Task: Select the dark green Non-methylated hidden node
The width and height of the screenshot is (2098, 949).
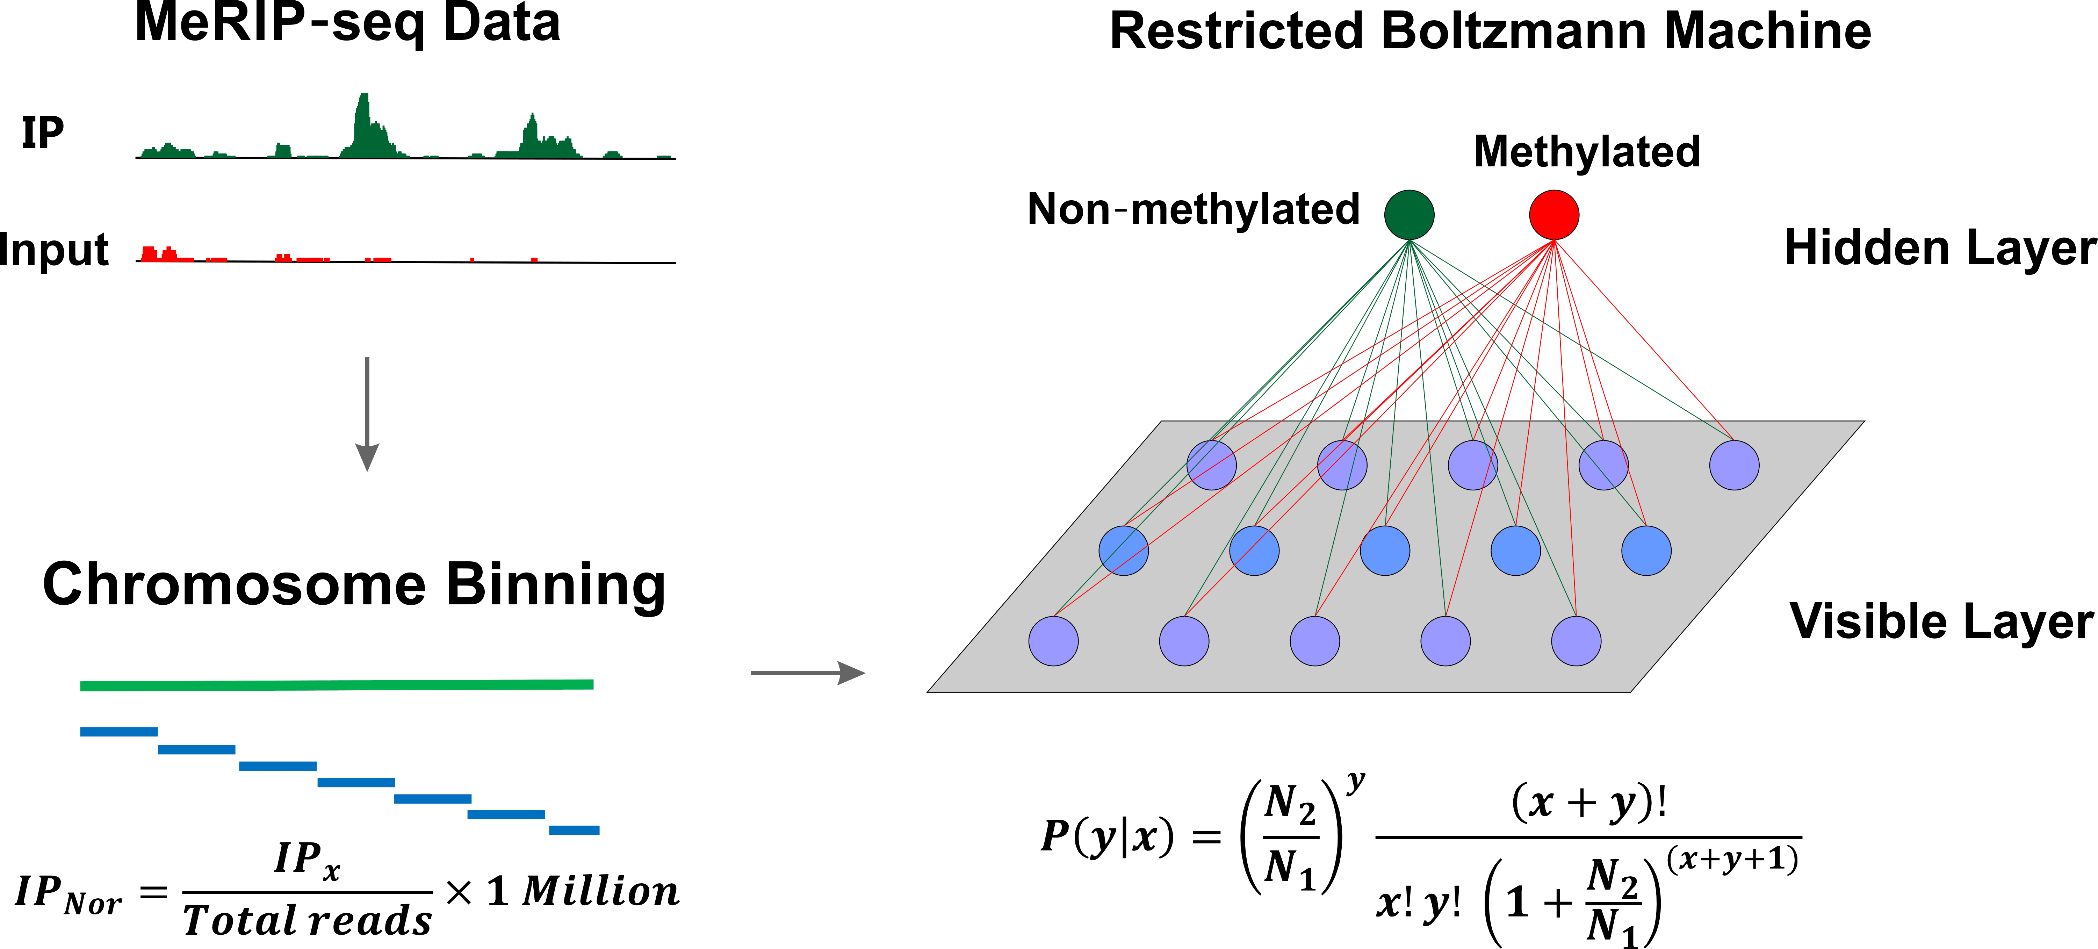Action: coord(1409,214)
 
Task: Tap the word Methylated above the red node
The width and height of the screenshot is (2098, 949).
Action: coord(1587,152)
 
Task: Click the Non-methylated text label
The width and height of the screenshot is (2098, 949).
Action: coord(1193,210)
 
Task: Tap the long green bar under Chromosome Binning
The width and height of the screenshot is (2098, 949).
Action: coord(336,685)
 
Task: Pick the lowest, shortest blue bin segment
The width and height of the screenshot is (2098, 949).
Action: coord(574,830)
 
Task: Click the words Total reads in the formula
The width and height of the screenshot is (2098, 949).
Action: coord(307,920)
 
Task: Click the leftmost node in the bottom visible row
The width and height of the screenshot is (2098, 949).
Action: coord(1053,641)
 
